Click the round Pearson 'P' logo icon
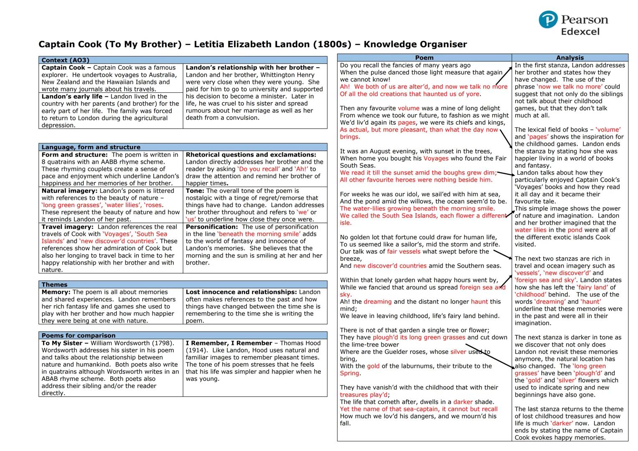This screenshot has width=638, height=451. coord(548,20)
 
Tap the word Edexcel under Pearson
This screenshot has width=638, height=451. coord(580,32)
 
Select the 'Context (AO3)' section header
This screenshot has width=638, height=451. coord(65,60)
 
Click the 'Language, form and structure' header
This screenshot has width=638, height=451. coord(91,147)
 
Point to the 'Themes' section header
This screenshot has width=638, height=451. coord(54,284)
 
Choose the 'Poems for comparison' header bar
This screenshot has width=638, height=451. coord(79,335)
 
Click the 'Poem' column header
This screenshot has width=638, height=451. coord(424,58)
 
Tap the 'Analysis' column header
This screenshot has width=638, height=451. coord(569,58)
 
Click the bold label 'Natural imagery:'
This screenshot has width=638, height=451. coord(66,191)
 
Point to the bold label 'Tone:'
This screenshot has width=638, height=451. coord(195,191)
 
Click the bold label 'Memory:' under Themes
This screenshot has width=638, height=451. coord(56,292)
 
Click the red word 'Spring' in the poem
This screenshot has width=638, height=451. coord(349,373)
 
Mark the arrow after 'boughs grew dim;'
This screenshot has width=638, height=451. coord(505,174)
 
